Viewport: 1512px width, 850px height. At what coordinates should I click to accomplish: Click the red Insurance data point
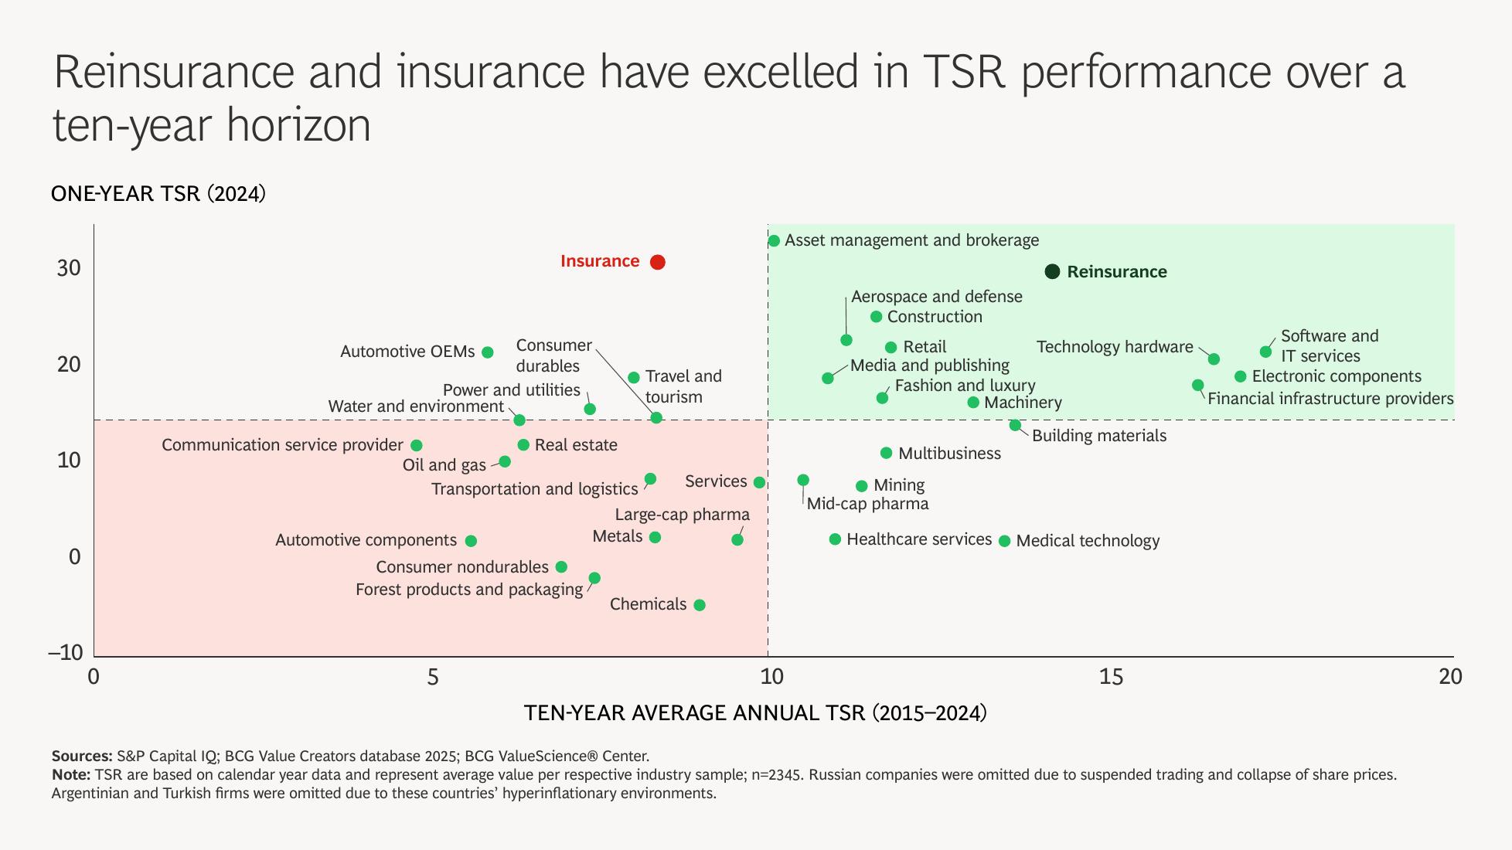[x=657, y=262]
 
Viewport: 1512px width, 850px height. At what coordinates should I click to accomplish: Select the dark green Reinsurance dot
[x=1051, y=271]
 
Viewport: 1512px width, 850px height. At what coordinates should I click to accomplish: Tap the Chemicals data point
[x=700, y=605]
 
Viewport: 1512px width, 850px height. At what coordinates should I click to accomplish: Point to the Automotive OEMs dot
[x=488, y=352]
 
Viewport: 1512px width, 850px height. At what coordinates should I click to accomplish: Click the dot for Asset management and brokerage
[x=774, y=241]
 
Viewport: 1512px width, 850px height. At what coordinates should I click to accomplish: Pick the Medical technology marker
[x=1004, y=541]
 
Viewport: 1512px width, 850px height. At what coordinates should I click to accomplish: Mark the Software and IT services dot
[x=1265, y=352]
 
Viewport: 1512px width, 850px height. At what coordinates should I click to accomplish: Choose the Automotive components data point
[x=471, y=541]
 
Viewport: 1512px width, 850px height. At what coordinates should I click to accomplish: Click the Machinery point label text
[x=1023, y=403]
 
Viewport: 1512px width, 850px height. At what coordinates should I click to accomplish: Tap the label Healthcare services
[x=918, y=539]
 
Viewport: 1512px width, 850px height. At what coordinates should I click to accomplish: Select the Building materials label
[x=1098, y=436]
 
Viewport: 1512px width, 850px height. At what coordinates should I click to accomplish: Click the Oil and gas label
[x=444, y=465]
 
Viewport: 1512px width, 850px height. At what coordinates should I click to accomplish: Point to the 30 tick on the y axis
[x=69, y=267]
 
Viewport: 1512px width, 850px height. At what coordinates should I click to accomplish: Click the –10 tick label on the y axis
[x=66, y=652]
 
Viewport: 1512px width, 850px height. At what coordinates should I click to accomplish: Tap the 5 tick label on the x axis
[x=432, y=677]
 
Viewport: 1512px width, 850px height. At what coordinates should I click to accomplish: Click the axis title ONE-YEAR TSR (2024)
[x=158, y=193]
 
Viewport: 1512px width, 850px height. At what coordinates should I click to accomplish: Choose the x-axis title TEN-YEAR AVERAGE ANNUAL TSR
[x=755, y=712]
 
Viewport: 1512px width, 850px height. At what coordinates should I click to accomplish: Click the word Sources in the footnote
[x=81, y=756]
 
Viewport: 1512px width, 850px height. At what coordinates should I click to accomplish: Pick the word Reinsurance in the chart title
[x=174, y=72]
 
